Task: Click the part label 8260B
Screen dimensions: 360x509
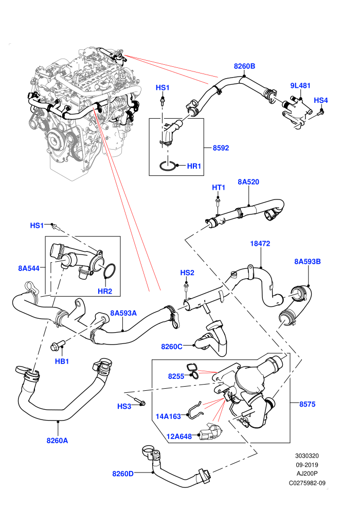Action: [244, 66]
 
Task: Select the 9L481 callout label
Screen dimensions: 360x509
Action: [300, 86]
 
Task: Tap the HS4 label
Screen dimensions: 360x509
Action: [321, 100]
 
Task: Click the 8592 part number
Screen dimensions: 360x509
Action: [221, 148]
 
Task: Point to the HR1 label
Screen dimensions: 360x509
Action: [194, 166]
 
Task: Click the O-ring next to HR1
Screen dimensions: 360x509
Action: [168, 166]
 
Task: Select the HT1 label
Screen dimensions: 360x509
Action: [219, 188]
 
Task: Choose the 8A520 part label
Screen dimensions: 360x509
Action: [248, 182]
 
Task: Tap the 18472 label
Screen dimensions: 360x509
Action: [260, 244]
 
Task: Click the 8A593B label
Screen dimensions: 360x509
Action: [308, 262]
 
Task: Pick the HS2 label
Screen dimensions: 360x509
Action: [187, 272]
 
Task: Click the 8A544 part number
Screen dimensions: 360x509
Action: [29, 268]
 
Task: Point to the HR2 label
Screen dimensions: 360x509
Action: [105, 291]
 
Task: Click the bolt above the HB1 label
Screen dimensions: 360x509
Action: [58, 346]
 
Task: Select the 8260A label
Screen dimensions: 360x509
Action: [57, 441]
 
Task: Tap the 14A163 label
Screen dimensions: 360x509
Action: [168, 416]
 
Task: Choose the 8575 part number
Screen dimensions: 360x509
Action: [307, 404]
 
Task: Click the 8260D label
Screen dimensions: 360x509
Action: [123, 474]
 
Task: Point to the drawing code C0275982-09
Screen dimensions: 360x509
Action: [307, 483]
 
